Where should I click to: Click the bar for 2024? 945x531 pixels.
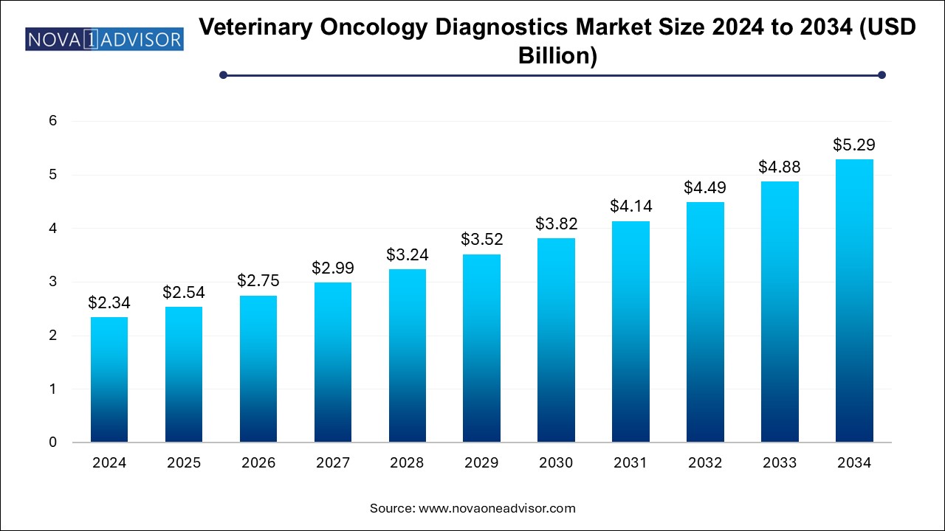(109, 380)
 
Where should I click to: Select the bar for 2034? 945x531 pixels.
(854, 301)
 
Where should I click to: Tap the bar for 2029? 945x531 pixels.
(481, 348)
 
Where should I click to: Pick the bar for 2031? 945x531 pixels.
(630, 332)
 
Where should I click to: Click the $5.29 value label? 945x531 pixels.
(854, 145)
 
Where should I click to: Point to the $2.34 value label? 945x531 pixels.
(109, 302)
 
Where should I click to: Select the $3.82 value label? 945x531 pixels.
(556, 223)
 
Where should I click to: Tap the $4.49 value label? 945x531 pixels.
(705, 187)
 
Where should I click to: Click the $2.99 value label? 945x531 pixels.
(332, 268)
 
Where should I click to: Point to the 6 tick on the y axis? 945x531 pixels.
(53, 121)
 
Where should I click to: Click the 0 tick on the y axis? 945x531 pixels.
(53, 442)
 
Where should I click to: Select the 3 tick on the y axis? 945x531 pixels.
(53, 282)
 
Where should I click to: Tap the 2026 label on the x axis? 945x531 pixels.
(258, 463)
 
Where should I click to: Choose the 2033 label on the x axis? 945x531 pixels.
(780, 463)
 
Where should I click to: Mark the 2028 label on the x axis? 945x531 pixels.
(407, 463)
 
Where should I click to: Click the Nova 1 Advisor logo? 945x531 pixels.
(104, 38)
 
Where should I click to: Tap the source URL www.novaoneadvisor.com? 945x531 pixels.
(497, 508)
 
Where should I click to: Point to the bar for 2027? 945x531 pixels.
(332, 362)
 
